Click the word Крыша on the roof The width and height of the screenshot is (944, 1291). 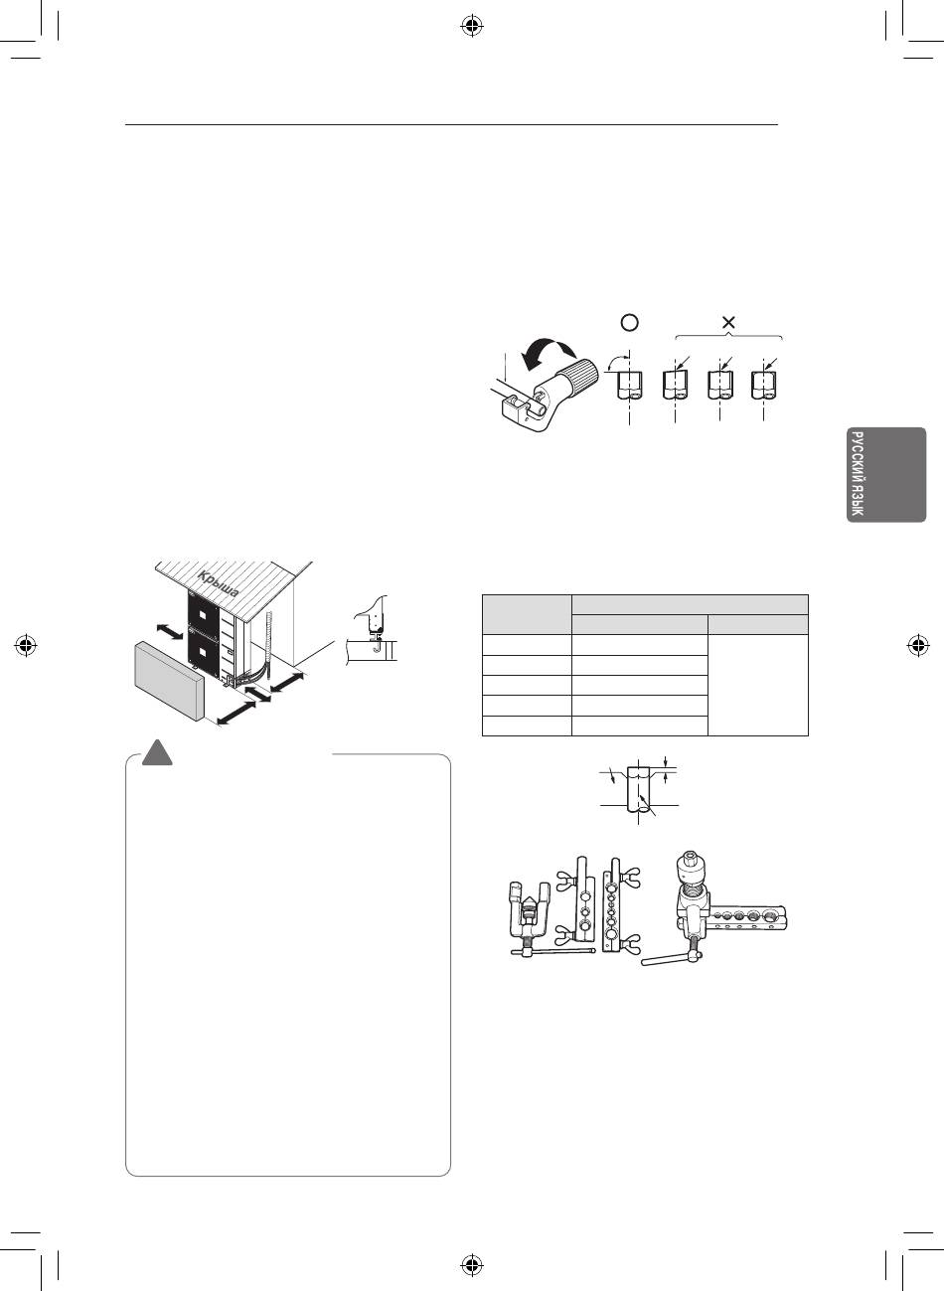(x=218, y=583)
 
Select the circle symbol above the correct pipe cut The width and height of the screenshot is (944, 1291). (x=629, y=322)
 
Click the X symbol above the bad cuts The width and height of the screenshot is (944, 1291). (x=728, y=323)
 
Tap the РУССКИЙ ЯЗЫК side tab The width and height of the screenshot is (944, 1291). (x=886, y=474)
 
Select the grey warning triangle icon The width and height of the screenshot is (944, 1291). (x=158, y=752)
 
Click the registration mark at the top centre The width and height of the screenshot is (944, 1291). (x=472, y=26)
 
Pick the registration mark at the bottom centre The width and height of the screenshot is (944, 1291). (x=472, y=1265)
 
